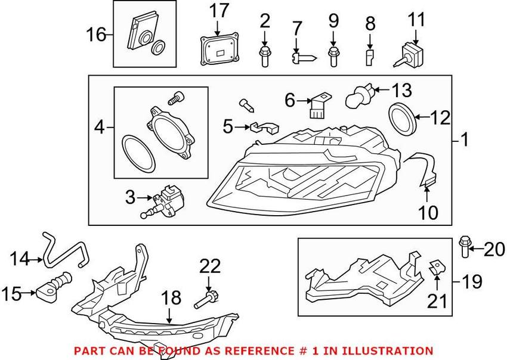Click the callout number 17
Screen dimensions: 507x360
(219, 11)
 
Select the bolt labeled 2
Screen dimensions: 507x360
(264, 56)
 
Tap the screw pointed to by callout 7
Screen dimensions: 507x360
(304, 58)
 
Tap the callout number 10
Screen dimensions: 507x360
(428, 213)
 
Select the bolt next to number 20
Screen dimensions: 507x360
(464, 247)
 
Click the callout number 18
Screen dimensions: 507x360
(171, 297)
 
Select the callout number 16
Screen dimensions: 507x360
(96, 35)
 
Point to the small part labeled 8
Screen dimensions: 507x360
(370, 57)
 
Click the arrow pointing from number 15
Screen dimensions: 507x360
(29, 293)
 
